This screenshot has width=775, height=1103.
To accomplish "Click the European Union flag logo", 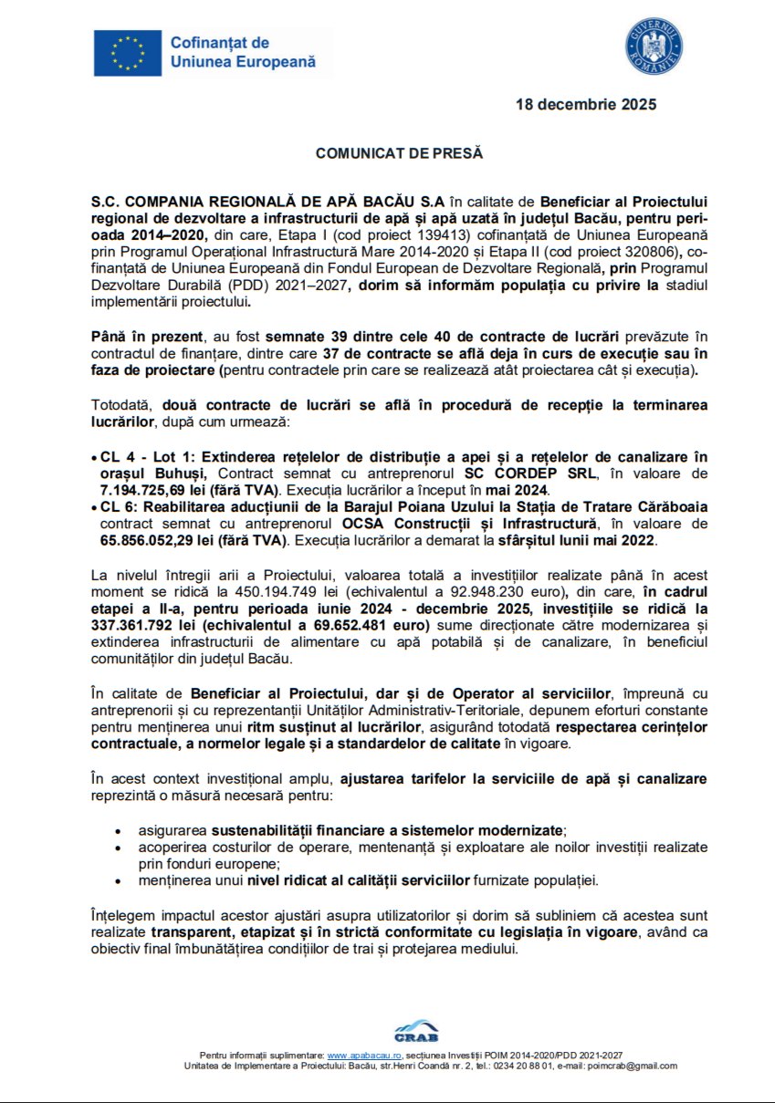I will [128, 52].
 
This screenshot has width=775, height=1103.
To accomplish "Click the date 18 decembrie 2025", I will [586, 105].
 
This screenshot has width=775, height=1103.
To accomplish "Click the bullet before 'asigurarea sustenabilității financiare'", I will [118, 831].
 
